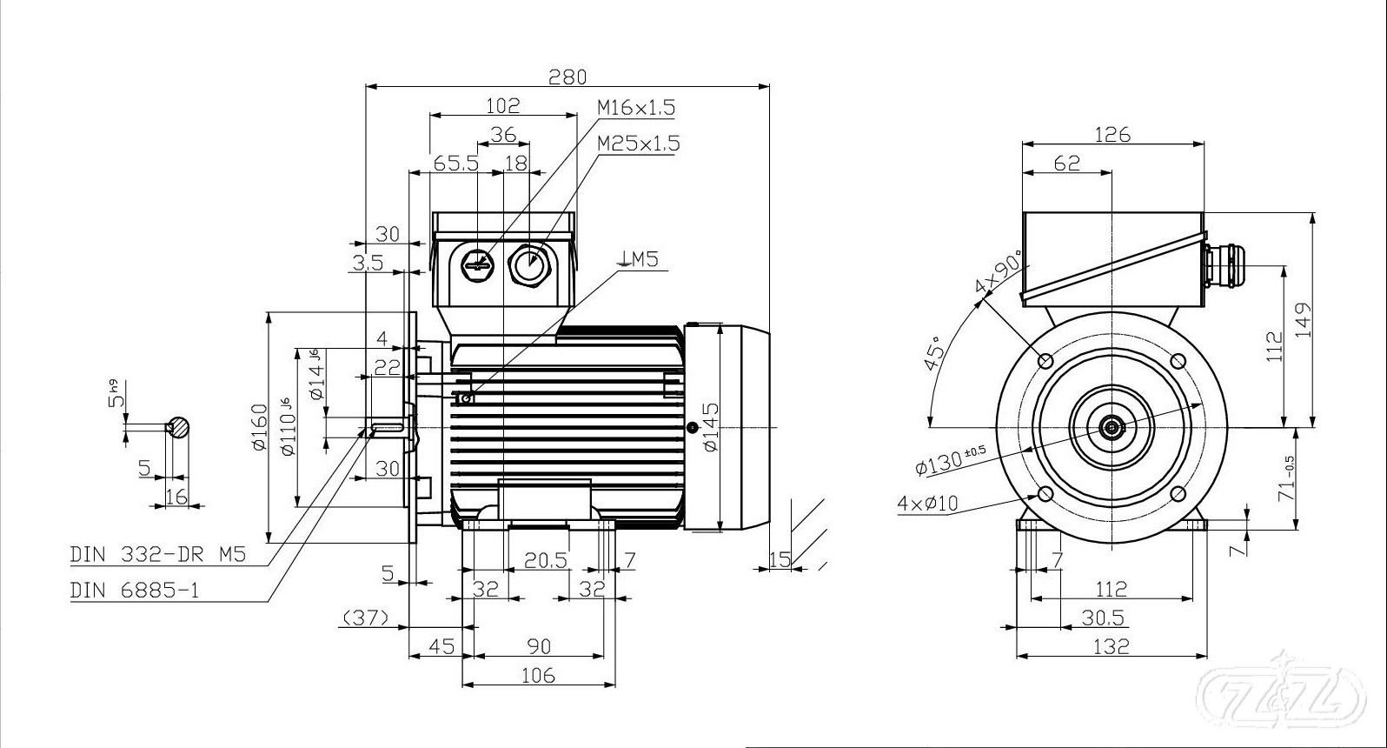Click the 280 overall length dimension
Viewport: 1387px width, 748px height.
[x=567, y=77]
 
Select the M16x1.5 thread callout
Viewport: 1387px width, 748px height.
[x=635, y=108]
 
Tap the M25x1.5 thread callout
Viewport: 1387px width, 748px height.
[x=639, y=143]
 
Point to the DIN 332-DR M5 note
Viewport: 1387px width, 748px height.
[x=158, y=554]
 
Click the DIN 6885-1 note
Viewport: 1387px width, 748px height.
[x=135, y=591]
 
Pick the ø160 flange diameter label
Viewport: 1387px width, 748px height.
[x=258, y=427]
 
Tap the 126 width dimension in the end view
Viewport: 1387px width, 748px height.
[x=1112, y=135]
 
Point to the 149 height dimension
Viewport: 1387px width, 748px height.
[x=1303, y=322]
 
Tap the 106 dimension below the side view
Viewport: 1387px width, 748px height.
[x=538, y=675]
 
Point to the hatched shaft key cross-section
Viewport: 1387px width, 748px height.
[x=178, y=427]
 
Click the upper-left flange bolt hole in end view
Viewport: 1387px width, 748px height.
[x=1045, y=360]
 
